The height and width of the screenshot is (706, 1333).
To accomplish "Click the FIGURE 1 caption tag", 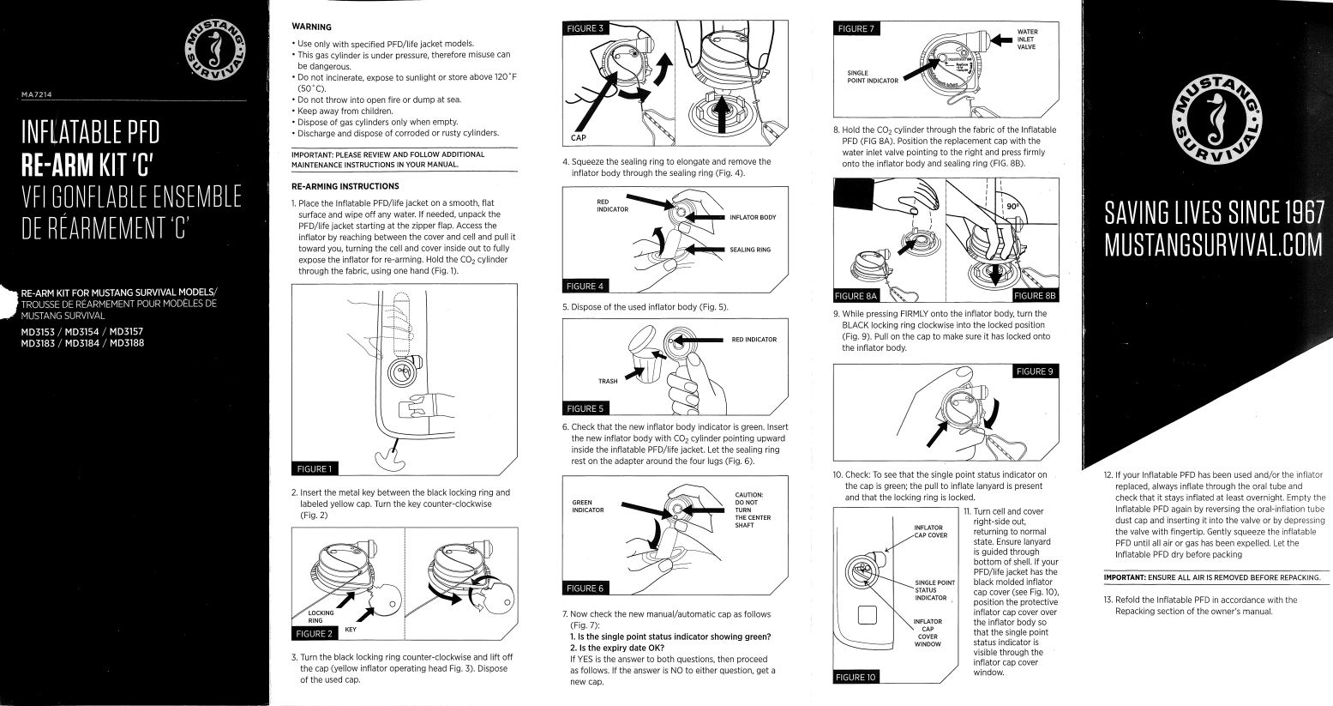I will pos(314,468).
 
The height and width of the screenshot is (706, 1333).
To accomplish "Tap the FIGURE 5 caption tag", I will pos(584,408).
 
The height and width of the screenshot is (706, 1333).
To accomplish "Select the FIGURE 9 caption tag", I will pos(1035,371).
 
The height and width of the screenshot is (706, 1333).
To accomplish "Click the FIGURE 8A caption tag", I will pos(856,296).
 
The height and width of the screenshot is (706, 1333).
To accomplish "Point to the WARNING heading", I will pos(311,27).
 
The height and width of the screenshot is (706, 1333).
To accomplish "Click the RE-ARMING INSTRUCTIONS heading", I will pos(345,186).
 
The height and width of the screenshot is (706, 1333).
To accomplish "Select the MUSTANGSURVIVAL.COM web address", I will pos(1214,245).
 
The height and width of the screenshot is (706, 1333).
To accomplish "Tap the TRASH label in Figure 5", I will pos(608,381).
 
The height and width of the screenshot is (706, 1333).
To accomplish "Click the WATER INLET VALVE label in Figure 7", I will pos(1026,39).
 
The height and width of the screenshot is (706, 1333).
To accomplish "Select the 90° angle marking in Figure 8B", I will pos(1012,207).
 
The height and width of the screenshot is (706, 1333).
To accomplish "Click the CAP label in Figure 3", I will pos(579,138).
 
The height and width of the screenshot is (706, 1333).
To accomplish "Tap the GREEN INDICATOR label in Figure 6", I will pos(588,506).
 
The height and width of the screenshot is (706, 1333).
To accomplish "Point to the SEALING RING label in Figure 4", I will pos(750,250).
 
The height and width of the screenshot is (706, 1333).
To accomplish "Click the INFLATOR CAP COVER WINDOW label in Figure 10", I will pos(928,633).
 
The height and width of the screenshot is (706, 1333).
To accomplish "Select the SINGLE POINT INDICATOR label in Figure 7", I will pos(872,77).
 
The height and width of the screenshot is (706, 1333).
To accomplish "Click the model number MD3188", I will pos(126,343).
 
